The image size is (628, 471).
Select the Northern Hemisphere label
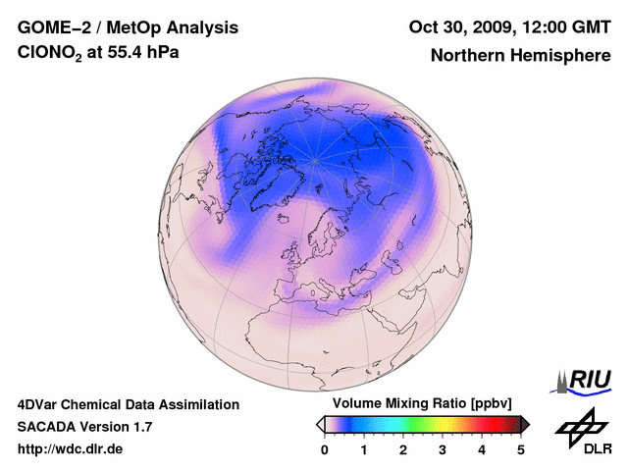click(520, 56)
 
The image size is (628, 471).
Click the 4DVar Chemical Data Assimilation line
click(129, 404)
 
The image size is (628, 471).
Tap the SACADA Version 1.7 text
click(85, 427)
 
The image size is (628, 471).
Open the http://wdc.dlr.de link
click(72, 449)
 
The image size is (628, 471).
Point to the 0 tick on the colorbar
click(325, 449)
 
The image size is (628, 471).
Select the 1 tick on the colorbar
click(364, 449)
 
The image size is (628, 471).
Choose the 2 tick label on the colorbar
click(403, 449)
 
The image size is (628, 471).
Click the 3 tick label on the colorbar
click(443, 449)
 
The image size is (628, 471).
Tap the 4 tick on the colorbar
click(482, 449)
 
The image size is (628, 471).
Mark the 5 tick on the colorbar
click(521, 449)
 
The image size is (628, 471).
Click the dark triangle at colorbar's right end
click(525, 424)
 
